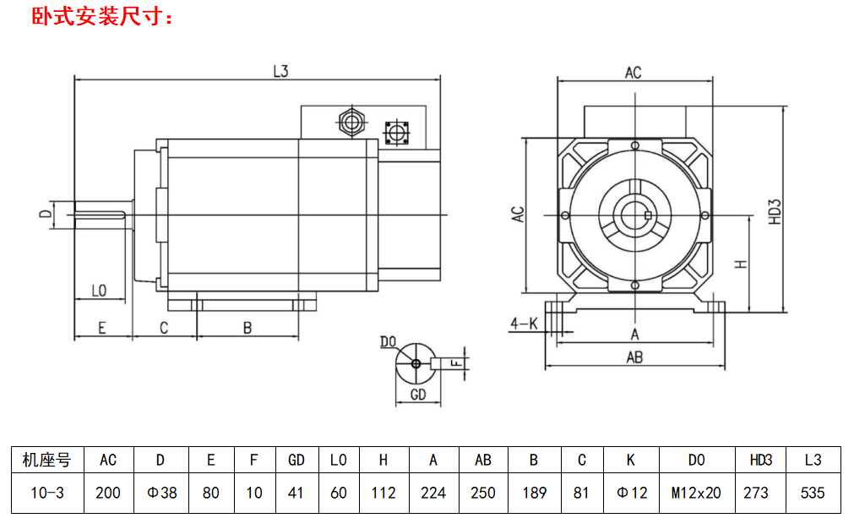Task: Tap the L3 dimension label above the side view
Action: point(281,72)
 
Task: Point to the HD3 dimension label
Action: point(775,211)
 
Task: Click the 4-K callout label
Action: point(524,323)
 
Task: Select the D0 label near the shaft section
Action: point(388,341)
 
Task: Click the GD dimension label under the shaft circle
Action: point(417,395)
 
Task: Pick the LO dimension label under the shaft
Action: point(99,292)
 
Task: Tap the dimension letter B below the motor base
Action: point(247,328)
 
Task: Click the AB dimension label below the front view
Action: point(634,357)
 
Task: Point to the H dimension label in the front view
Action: point(741,263)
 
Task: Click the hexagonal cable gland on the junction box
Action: point(351,122)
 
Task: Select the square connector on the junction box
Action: point(396,133)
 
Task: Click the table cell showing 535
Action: point(813,492)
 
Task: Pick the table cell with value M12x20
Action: point(696,492)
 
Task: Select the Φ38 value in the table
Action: point(161,492)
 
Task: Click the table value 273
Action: point(756,492)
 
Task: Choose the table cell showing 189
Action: point(534,492)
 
